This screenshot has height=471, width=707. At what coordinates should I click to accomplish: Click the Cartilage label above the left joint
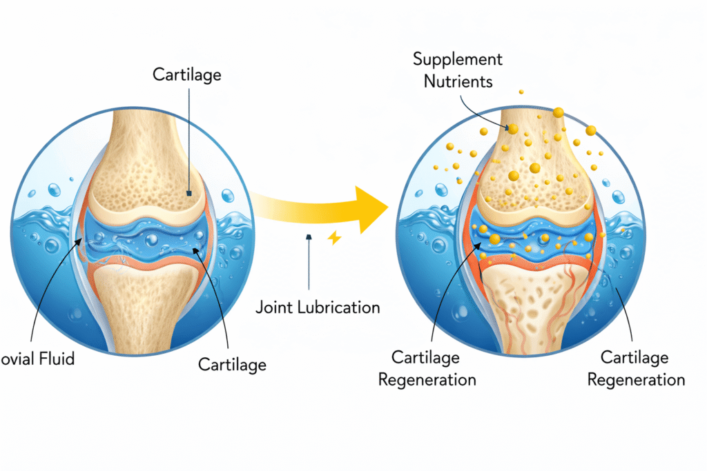[186, 74]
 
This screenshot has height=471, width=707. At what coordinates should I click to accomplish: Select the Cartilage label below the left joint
[232, 363]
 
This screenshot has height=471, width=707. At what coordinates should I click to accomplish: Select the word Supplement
[458, 59]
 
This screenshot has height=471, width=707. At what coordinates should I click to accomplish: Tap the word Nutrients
[458, 81]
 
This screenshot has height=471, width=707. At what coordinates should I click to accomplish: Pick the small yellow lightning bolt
[335, 238]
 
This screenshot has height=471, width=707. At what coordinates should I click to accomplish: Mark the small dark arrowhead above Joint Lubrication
[308, 237]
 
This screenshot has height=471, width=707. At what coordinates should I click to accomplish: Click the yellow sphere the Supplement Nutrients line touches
[513, 128]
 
